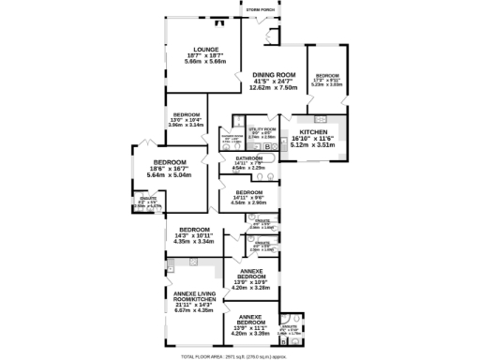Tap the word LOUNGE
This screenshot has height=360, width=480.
[206, 50]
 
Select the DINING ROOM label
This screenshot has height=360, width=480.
[273, 74]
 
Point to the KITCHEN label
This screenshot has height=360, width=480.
[314, 132]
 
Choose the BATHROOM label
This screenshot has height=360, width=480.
[248, 157]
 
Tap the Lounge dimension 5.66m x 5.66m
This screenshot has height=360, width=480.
[206, 63]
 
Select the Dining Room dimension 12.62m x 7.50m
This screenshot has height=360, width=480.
[273, 89]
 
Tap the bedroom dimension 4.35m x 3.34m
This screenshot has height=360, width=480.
[194, 241]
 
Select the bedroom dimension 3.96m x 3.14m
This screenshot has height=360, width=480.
[187, 125]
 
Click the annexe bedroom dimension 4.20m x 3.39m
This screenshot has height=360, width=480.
[250, 333]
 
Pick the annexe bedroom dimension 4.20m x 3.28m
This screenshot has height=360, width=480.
[250, 288]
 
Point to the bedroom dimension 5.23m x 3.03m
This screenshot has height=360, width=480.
[327, 84]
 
